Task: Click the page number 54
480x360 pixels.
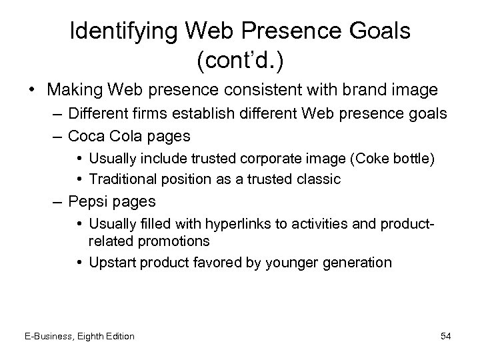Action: (446, 336)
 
